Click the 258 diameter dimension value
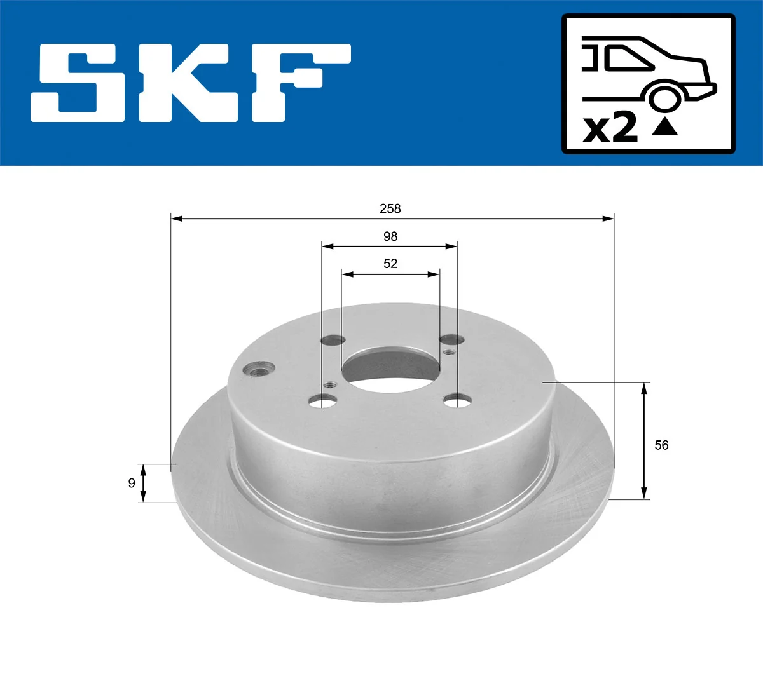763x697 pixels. tap(390, 208)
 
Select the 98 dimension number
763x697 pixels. tap(390, 236)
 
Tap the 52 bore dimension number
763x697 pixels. tap(390, 264)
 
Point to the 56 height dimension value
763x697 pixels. tap(661, 445)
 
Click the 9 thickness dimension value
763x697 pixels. tap(132, 483)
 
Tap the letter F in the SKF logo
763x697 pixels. tap(299, 83)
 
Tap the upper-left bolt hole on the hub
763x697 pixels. tap(333, 340)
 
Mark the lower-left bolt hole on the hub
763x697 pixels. tap(322, 401)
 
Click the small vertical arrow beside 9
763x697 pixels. tap(143, 483)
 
